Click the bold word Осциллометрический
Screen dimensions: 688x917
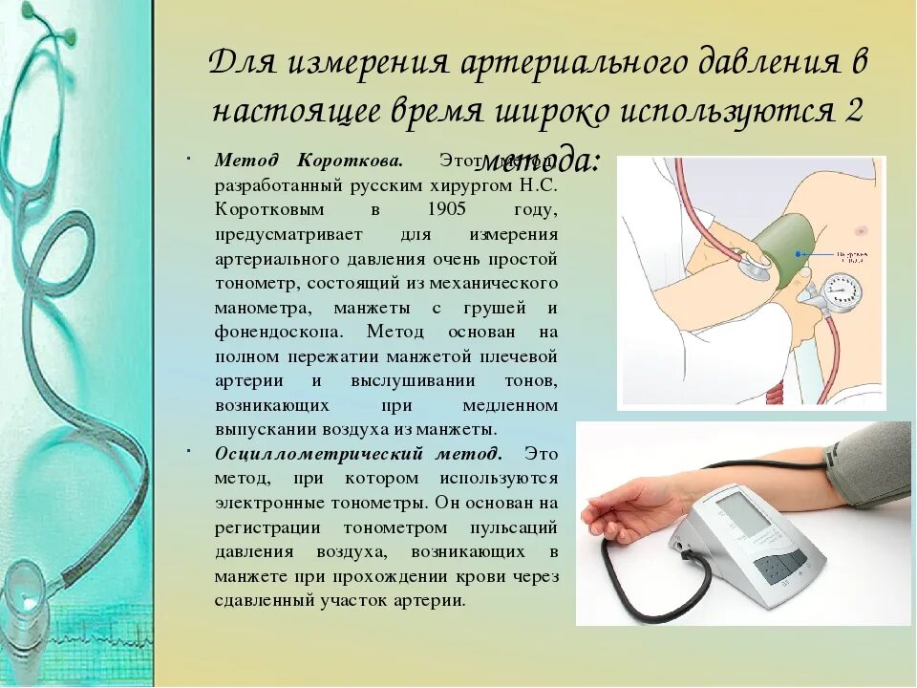pos(302,453)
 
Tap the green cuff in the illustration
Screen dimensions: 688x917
pos(793,250)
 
